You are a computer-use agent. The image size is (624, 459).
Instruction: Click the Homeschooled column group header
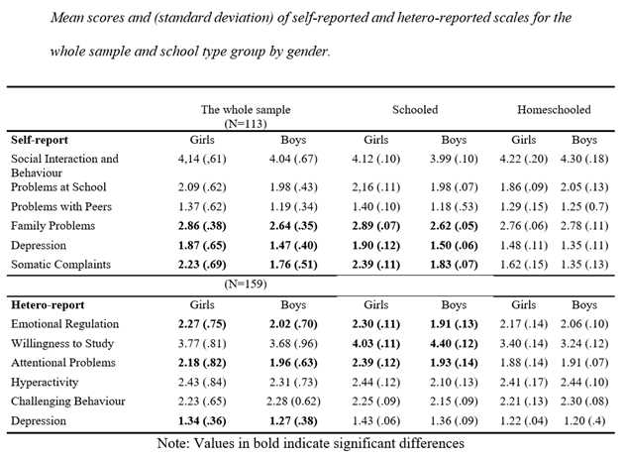554,110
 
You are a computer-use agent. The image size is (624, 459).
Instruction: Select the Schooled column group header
415,110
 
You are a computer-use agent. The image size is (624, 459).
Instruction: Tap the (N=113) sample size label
246,124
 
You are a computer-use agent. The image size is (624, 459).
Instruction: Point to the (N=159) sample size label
246,284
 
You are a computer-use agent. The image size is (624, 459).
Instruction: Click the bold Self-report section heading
40,140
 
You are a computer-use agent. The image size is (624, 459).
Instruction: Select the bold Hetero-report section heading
48,304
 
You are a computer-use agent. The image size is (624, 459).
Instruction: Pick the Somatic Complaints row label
60,264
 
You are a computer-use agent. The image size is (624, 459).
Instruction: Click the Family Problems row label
52,225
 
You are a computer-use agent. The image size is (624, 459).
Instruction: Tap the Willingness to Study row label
62,343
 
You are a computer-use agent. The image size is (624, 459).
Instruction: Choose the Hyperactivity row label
45,382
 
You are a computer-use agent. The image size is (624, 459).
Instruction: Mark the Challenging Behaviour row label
68,401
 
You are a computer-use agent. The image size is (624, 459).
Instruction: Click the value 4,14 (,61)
202,159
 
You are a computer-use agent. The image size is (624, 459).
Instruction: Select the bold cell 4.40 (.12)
454,343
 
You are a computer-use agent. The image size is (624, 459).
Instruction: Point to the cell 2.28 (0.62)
293,401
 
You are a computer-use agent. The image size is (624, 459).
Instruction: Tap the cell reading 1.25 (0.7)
584,206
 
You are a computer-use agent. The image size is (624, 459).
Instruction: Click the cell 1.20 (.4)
584,420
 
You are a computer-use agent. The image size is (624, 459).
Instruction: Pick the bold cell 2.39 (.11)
375,264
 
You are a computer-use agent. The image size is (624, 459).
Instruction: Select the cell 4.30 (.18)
584,159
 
